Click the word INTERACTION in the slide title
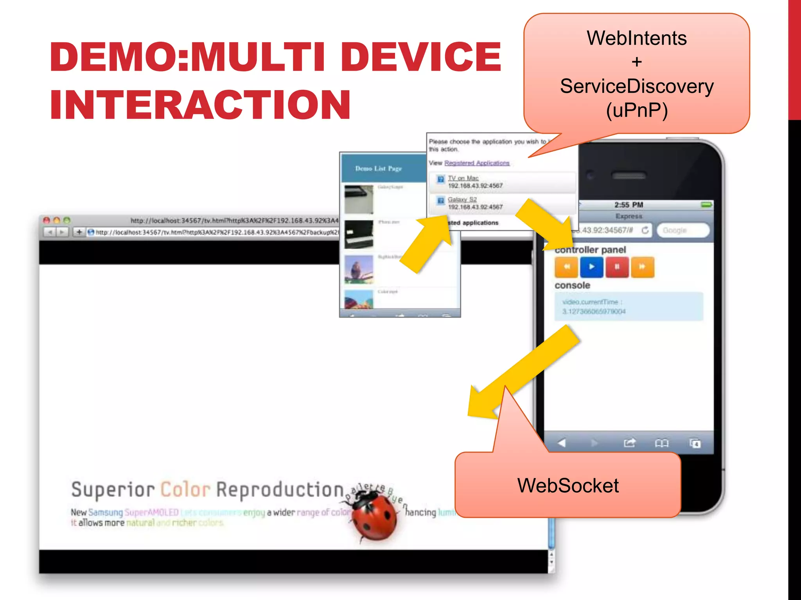200,104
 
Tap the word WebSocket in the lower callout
568,486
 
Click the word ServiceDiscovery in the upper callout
636,86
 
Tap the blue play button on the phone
591,267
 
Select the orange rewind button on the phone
566,267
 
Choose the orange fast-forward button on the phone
642,267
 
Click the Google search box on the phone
682,230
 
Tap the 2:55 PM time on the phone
629,205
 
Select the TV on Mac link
463,178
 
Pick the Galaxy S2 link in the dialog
462,200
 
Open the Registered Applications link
477,163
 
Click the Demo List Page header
378,168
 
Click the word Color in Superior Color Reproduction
185,490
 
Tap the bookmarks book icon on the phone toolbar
661,443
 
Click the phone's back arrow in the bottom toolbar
562,443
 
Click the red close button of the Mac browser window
47,220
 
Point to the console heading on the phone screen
572,285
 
